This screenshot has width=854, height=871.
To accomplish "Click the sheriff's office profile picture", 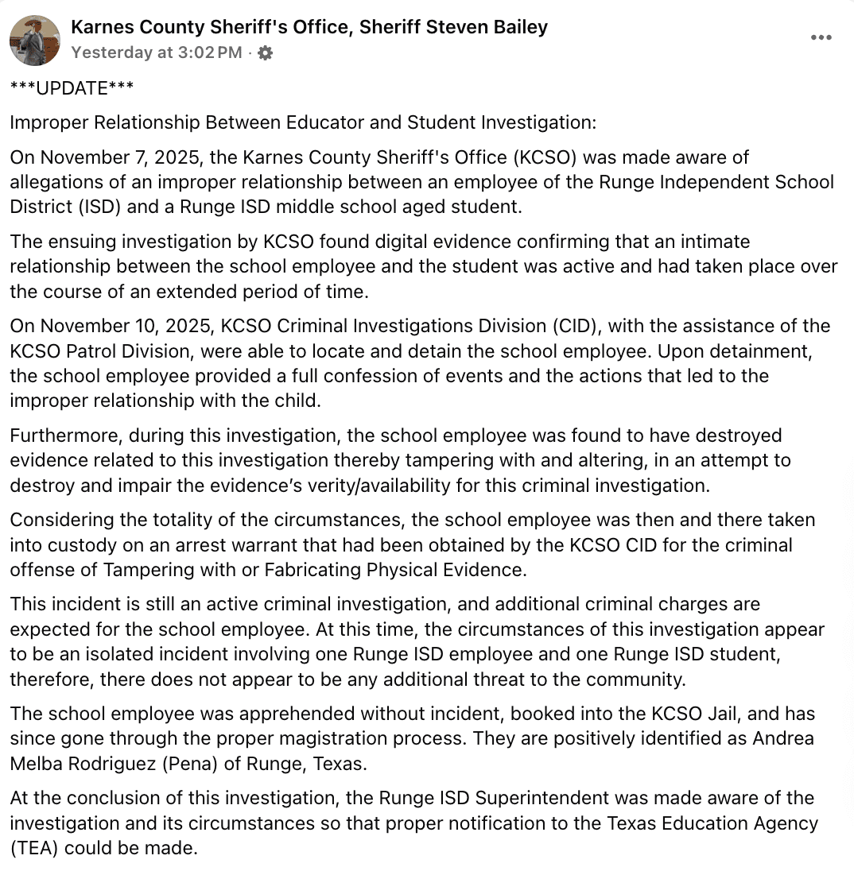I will (x=35, y=40).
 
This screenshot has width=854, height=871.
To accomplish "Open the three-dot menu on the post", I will (x=821, y=38).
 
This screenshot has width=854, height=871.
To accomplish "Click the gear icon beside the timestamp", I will (x=266, y=53).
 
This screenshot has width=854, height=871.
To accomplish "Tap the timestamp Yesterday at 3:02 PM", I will (x=157, y=53).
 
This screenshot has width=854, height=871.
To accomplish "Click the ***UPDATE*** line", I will (x=72, y=88).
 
